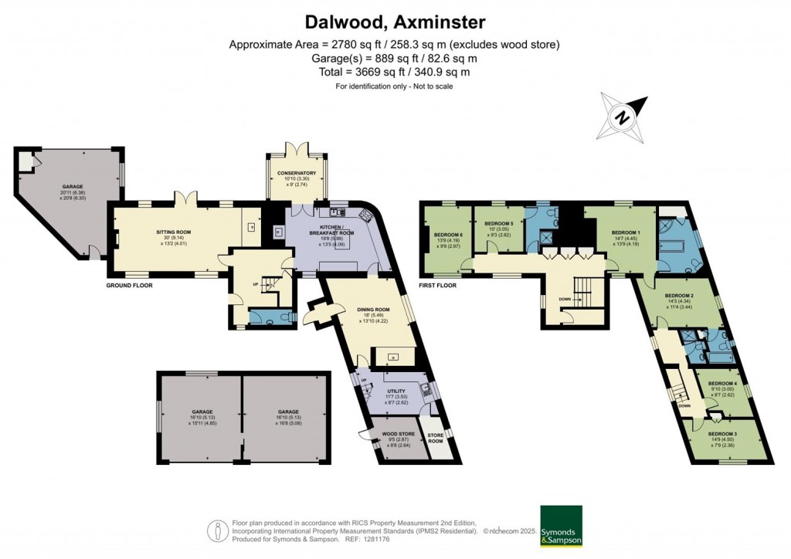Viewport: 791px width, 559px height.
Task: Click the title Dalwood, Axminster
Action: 395,20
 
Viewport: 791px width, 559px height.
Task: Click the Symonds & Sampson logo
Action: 560,526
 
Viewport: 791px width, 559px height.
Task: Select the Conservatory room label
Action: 297,174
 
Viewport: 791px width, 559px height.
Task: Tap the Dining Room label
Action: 373,310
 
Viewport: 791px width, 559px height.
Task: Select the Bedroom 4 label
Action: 722,384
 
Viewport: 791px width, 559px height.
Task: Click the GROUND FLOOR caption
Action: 129,286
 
